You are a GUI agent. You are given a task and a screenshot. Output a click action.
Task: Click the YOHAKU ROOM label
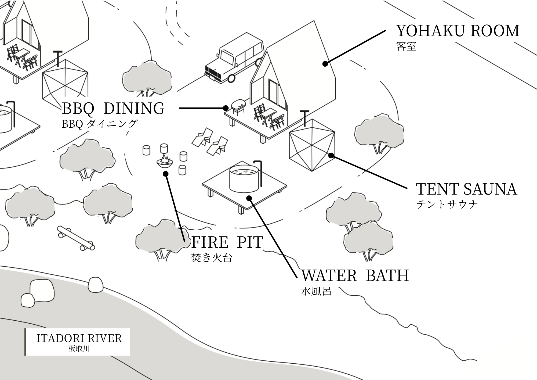(x=458, y=31)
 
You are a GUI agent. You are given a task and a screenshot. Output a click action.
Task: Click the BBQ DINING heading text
(x=113, y=108)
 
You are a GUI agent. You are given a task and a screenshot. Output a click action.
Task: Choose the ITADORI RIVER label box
(x=78, y=342)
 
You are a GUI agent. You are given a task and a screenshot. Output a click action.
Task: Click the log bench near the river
(x=76, y=238)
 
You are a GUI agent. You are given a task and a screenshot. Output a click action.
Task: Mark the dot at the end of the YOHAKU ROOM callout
(x=325, y=64)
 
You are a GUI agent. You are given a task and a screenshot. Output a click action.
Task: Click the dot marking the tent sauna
(x=331, y=155)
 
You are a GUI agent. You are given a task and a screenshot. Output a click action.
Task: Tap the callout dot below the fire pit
(x=166, y=174)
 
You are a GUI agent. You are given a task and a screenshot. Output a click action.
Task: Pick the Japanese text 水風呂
(x=316, y=291)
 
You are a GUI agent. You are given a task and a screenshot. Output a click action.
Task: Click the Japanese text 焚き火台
(x=212, y=258)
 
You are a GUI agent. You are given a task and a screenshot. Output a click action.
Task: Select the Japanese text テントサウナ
(x=447, y=205)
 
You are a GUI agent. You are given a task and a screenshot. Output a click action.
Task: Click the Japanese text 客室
(x=406, y=46)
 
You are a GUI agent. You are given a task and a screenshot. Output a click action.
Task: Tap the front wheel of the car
(x=231, y=78)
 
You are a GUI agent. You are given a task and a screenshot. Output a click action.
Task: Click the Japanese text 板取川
(x=79, y=349)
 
